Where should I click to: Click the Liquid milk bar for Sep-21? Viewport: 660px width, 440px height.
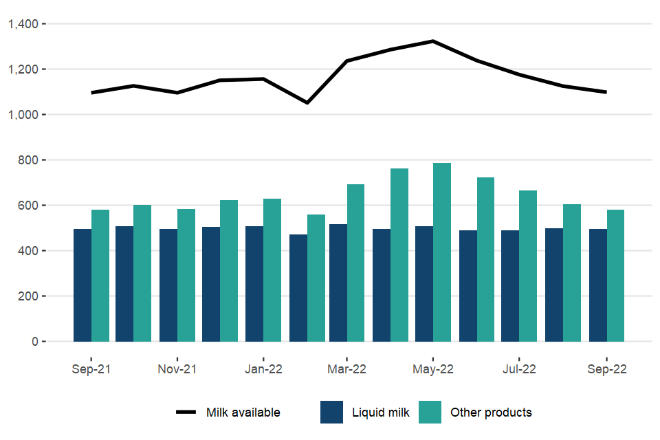[82, 285]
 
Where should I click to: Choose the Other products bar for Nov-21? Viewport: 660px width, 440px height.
[186, 275]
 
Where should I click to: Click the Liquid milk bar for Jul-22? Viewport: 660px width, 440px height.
[510, 286]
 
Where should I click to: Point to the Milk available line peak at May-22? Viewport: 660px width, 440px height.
[433, 41]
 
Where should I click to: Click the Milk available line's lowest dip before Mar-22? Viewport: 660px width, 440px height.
[307, 103]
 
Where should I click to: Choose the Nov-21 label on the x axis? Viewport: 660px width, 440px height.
[177, 369]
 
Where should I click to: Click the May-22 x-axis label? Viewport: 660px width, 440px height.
[433, 369]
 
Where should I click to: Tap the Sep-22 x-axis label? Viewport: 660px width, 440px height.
[606, 369]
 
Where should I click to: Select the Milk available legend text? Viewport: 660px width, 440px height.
[243, 412]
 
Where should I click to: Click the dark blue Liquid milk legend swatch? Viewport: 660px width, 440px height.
[331, 412]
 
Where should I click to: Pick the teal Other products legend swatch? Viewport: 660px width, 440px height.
[430, 412]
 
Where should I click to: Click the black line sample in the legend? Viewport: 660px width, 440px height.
[186, 412]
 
